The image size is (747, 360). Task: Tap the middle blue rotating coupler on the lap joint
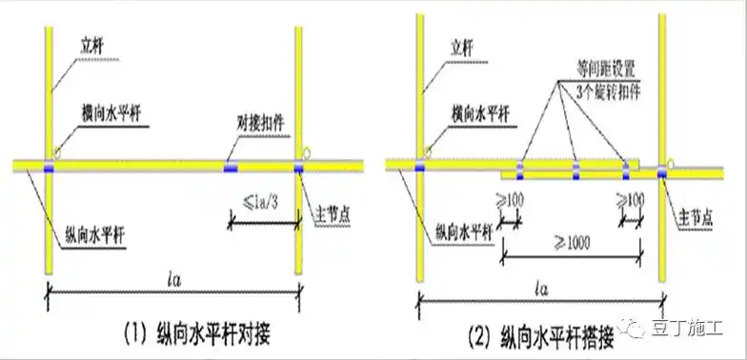tap(575, 171)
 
